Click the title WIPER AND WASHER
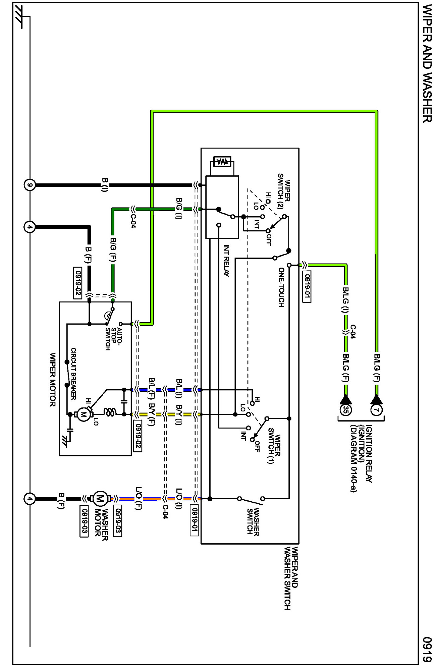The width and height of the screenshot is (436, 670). pos(427,63)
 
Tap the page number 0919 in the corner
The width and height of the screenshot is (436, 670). pos(427,649)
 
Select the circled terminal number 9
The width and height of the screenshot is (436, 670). pos(30,185)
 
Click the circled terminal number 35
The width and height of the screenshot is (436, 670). pos(345,409)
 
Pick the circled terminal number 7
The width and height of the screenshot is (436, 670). pos(376,409)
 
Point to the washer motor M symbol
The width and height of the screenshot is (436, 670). pos(100,499)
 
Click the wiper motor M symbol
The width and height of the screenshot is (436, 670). pos(83,414)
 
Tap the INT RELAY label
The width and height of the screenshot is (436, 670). pos(226,261)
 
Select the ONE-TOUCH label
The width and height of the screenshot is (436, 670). pos(281,287)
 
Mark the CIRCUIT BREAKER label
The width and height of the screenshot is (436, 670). pos(73,374)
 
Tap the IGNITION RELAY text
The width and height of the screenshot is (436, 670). pos(369,454)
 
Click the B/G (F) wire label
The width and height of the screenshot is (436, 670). pos(113,249)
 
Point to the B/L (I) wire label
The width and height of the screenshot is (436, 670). pos(179,388)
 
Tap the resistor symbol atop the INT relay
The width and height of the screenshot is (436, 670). pos(222,161)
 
